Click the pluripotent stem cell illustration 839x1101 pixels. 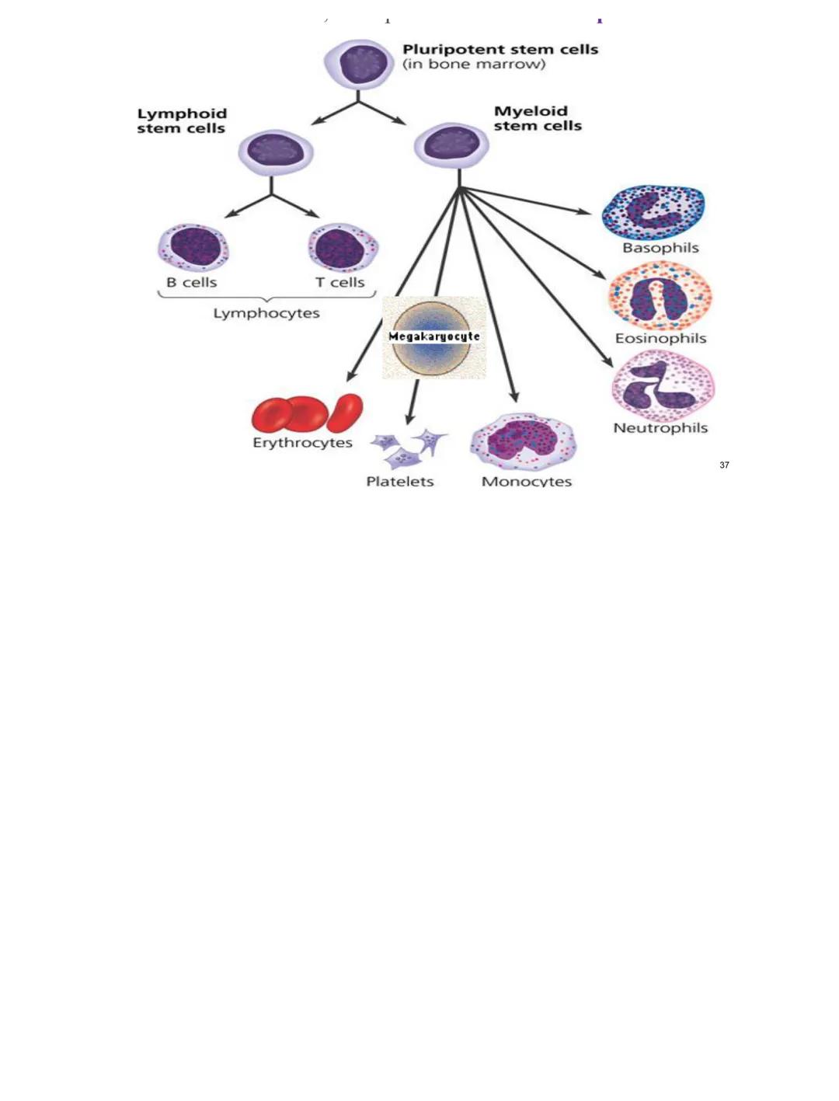coord(357,64)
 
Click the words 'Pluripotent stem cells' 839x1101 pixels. coord(500,49)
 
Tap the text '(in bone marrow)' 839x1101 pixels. coord(474,64)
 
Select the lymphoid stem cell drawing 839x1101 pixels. coord(275,152)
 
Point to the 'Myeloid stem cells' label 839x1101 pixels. coord(537,118)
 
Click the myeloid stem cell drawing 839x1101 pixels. coord(451,145)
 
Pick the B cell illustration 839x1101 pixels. coord(193,248)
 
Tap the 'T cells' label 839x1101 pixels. coord(339,282)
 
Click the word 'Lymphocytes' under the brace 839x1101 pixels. coord(266,313)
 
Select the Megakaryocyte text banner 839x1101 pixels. coord(433,336)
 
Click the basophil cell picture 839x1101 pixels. coord(653,211)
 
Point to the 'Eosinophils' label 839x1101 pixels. coord(660,338)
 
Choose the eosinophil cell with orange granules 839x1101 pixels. coord(660,296)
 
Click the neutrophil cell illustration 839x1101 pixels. coord(662,385)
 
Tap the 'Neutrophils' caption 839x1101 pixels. coord(660,428)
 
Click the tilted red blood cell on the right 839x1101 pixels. coord(346,413)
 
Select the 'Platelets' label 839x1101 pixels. coord(399,481)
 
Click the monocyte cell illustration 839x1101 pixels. coord(523,441)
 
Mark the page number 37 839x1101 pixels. coord(724,465)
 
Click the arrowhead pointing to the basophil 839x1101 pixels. coord(584,211)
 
